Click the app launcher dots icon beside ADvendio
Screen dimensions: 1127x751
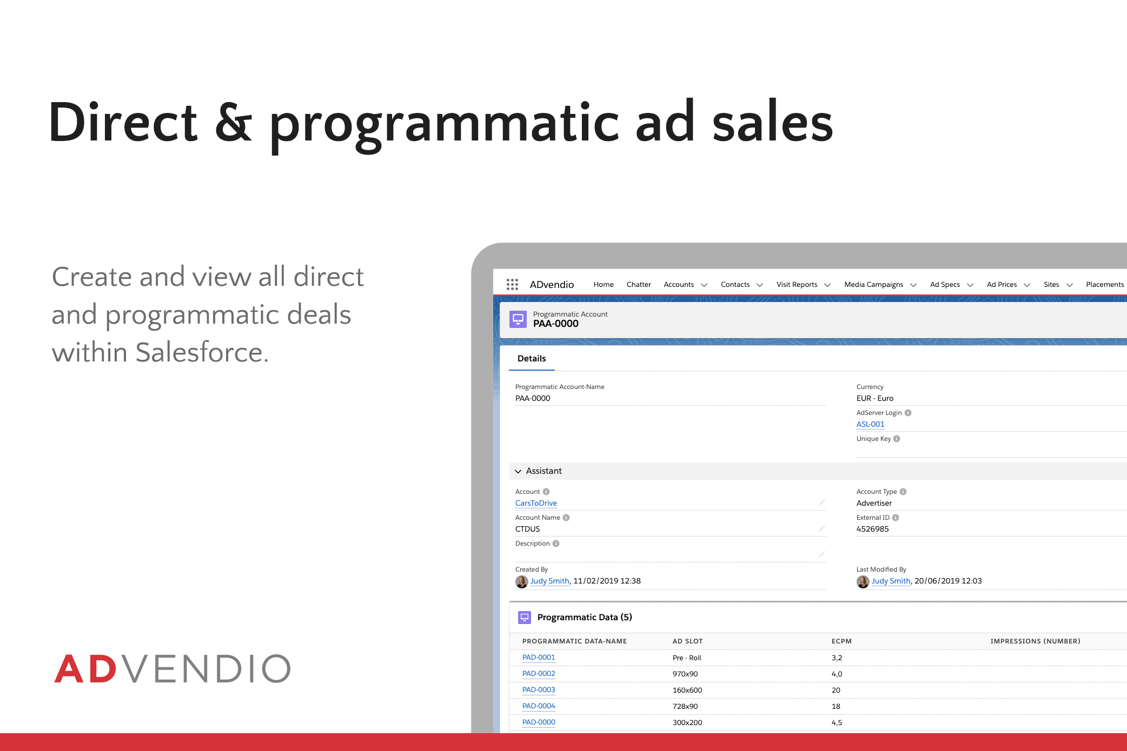click(x=512, y=284)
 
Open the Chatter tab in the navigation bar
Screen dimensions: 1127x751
click(x=639, y=284)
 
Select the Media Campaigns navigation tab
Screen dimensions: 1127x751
click(x=873, y=285)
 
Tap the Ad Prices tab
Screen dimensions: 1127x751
click(x=1002, y=284)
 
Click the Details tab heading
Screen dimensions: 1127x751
click(x=532, y=358)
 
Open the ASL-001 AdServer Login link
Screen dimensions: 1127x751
click(x=870, y=424)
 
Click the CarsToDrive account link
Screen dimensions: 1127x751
click(x=536, y=503)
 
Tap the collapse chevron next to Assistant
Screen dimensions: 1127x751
click(x=518, y=471)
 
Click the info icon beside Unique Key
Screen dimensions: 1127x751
click(x=897, y=439)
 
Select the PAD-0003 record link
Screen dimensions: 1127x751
click(x=539, y=690)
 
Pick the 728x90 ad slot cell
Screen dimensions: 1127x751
click(x=685, y=706)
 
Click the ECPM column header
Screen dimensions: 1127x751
click(x=841, y=641)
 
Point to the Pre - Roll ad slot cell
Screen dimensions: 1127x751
click(x=687, y=658)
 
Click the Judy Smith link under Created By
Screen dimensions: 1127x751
click(x=549, y=581)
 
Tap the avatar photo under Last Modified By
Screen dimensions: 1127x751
click(x=863, y=581)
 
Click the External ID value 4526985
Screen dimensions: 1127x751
click(x=872, y=529)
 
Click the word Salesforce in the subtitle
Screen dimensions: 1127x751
click(x=198, y=352)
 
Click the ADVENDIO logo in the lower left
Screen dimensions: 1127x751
click(x=173, y=668)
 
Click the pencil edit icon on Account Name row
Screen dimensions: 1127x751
click(x=821, y=528)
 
